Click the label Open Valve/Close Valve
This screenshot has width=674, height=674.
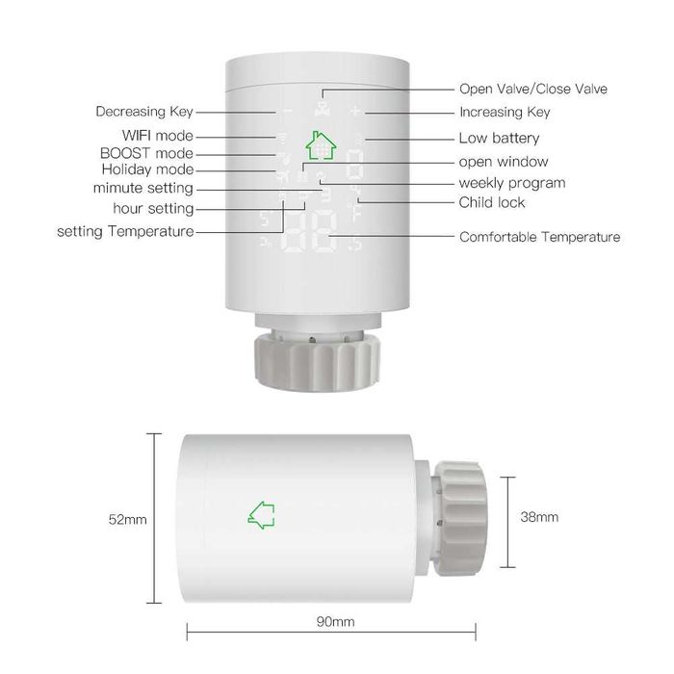pos(532,89)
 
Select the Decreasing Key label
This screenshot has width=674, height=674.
pos(144,112)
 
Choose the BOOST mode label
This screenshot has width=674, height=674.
pos(146,153)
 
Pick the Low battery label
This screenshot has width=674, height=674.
pos(499,139)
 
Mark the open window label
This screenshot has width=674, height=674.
pos(503,161)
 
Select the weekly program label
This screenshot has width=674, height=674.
pos(511,182)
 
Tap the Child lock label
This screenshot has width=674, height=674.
pos(491,202)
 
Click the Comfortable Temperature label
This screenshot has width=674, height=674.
pos(539,236)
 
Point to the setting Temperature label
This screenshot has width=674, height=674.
pos(125,231)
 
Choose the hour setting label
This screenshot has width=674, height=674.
pos(153,208)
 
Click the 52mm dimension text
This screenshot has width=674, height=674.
pos(127,520)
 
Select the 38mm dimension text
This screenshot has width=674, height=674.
pos(539,517)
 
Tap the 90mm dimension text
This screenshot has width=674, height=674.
pos(335,622)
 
